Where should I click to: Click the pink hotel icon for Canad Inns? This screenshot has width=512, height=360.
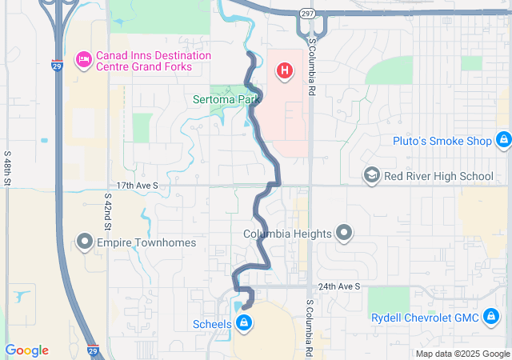(83, 60)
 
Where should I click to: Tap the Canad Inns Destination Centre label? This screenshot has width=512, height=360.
(154, 61)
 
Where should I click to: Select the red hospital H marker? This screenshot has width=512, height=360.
(284, 71)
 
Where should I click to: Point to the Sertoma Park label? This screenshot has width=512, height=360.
(227, 100)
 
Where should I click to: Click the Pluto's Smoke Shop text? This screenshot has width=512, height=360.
(442, 142)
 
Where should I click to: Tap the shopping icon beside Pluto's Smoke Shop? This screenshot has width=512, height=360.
(503, 141)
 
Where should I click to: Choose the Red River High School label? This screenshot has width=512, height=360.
(438, 176)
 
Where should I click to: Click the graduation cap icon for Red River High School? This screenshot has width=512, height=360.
(371, 175)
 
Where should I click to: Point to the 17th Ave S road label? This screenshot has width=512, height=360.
(138, 185)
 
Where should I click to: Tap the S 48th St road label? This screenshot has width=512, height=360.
(7, 168)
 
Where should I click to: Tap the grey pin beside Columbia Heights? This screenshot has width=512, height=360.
(344, 234)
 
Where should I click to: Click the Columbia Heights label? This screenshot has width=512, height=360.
(288, 234)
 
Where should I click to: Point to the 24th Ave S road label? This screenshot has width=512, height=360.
(338, 286)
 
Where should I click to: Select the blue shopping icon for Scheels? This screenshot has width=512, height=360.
(244, 324)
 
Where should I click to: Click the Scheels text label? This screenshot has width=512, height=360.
(212, 324)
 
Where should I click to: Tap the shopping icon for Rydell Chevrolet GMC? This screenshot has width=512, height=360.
(491, 318)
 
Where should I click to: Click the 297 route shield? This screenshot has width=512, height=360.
(308, 14)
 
